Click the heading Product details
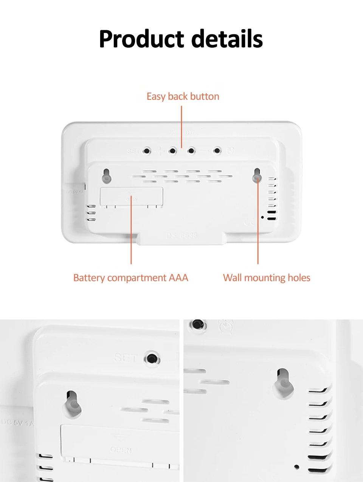pos(181,39)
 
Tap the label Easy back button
pos(183,96)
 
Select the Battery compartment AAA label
pos(130,278)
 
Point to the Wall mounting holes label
pos(267,278)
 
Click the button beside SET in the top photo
pos(147,151)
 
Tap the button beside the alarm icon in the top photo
pos(217,151)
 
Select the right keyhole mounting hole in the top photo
pos(257,175)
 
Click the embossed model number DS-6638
pos(182,236)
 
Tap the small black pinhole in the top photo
pos(262,217)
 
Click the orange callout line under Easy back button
pos(181,127)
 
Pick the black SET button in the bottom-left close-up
pos(152,358)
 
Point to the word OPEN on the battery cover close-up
pos(121,450)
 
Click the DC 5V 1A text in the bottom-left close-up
pos(17,422)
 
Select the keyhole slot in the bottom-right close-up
pos(283,383)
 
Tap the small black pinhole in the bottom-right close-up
pos(297,467)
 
